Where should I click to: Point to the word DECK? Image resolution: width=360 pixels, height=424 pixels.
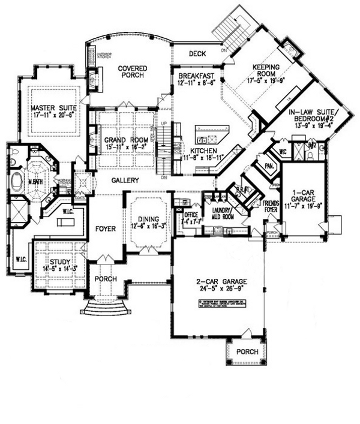point(197,54)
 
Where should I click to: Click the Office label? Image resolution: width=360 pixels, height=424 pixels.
point(191,214)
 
